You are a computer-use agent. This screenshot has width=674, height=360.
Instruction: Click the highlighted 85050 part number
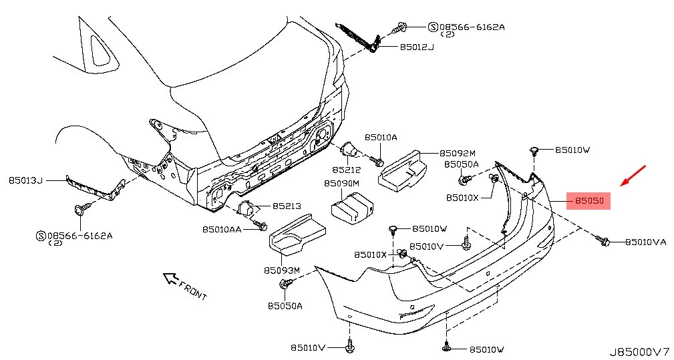588,200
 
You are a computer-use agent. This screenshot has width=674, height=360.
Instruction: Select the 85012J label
417,47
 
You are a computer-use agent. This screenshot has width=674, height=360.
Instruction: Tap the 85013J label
26,180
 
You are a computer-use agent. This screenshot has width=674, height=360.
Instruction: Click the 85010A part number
380,137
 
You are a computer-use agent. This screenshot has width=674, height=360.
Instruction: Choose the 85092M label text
458,153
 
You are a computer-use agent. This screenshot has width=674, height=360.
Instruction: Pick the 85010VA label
645,242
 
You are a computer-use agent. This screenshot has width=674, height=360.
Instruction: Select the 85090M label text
342,183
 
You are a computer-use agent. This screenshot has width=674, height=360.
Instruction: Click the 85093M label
283,271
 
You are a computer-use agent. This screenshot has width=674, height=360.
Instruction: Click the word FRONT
193,289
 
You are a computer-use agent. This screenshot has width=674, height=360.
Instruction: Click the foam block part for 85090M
355,205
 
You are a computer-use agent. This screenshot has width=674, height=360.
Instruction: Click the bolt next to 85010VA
604,240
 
